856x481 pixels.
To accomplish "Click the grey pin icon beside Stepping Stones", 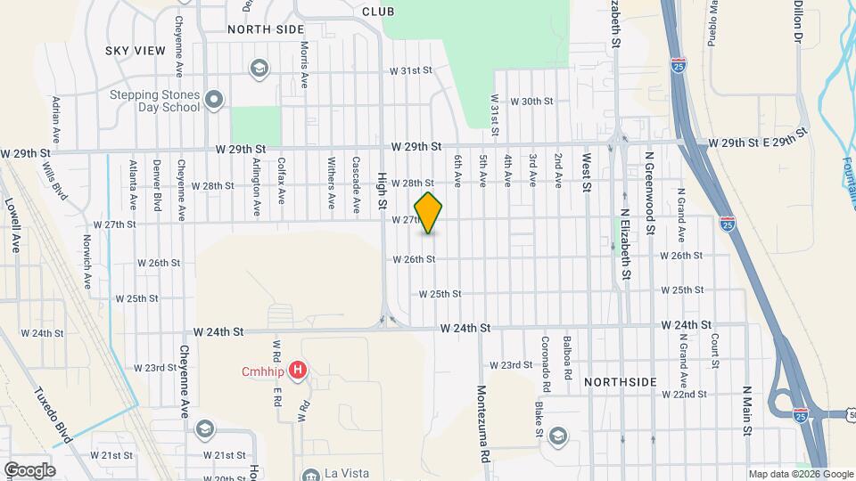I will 214,101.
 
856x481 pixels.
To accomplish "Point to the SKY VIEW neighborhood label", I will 136,51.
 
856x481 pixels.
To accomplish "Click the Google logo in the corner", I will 29,469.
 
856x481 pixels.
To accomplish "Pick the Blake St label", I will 539,420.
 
